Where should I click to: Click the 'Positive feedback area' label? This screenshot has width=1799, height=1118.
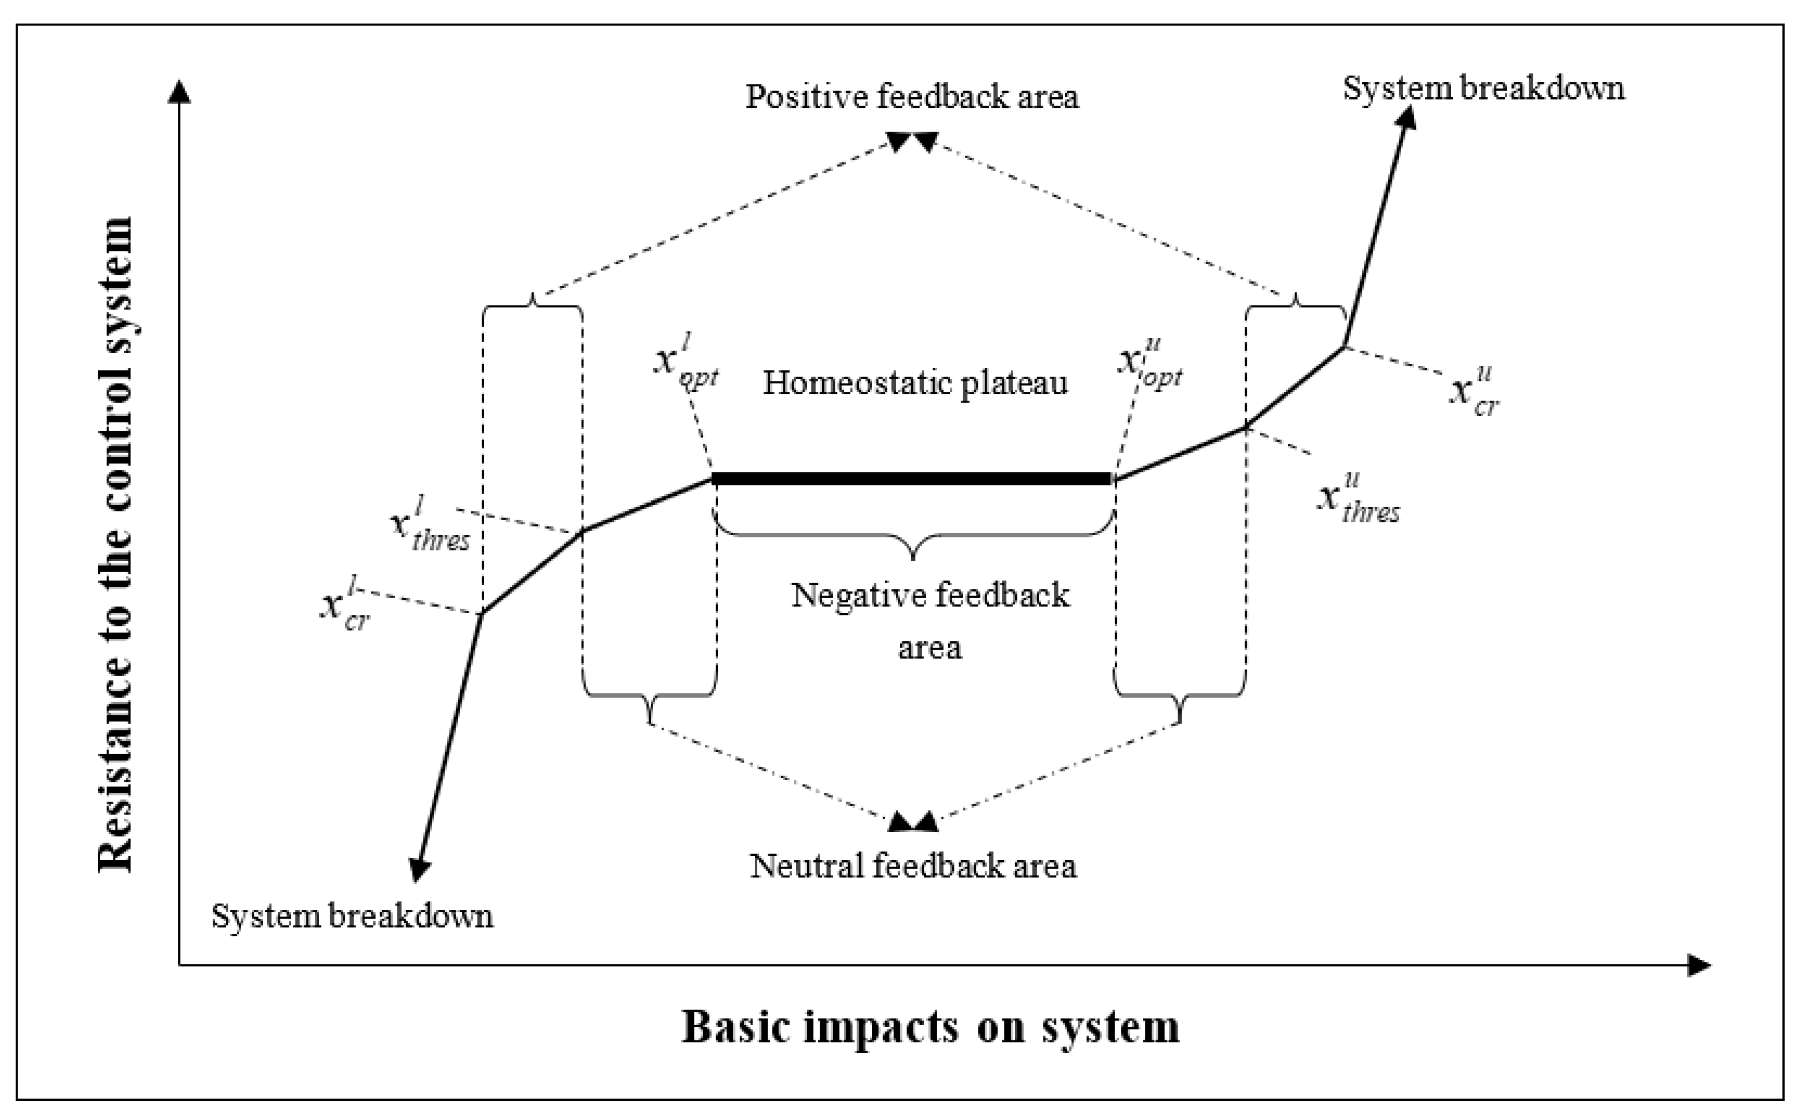912,97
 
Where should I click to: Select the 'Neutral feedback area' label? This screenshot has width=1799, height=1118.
913,866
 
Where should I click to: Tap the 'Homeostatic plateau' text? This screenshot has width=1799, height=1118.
915,383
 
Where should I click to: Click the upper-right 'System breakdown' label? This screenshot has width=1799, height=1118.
1483,89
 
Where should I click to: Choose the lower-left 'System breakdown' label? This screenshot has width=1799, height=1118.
352,916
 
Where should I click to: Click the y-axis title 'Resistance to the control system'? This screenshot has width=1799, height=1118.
116,545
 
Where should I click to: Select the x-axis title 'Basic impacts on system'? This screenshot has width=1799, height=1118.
929,1026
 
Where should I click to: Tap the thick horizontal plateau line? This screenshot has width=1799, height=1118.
912,479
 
